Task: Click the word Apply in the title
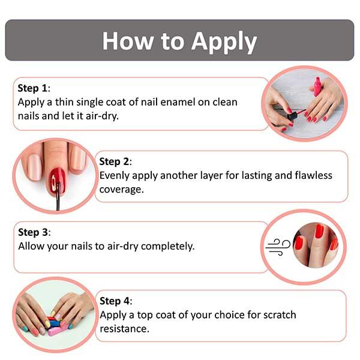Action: (224, 41)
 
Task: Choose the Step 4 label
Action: (115, 301)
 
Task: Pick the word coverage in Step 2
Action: (122, 190)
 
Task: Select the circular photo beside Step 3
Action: (312, 246)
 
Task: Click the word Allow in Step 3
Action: (32, 246)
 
